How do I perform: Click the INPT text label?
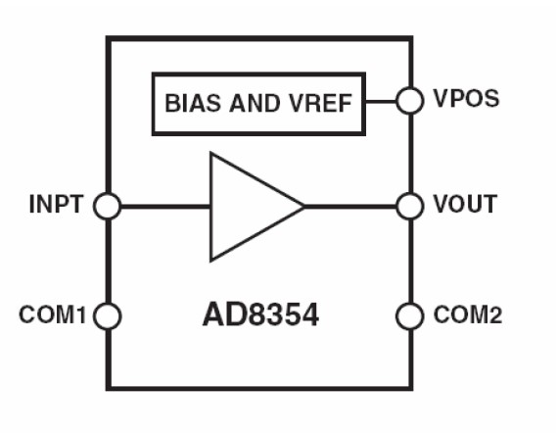tap(56, 205)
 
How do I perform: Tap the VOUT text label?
tap(465, 204)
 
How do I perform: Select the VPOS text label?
tap(466, 98)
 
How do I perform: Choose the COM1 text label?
tap(53, 314)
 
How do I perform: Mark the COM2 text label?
tap(468, 314)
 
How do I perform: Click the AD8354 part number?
tap(260, 314)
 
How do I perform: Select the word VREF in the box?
tap(320, 104)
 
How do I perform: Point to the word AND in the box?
tap(255, 104)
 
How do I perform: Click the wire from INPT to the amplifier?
tap(165, 207)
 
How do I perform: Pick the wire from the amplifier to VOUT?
tap(350, 207)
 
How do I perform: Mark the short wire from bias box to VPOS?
tap(381, 102)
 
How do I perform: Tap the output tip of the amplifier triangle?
tap(304, 207)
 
